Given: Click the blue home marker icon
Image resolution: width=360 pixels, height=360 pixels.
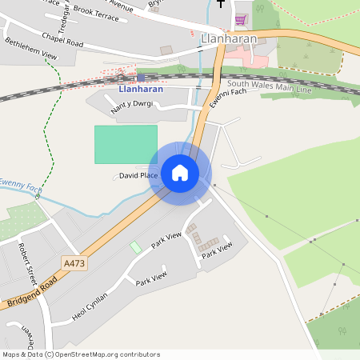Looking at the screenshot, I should (x=180, y=173).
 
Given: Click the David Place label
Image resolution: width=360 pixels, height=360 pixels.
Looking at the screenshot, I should (x=138, y=175).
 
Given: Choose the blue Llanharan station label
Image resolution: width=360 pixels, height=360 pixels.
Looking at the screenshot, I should (x=141, y=89).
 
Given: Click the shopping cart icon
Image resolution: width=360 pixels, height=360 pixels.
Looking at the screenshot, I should (x=240, y=19).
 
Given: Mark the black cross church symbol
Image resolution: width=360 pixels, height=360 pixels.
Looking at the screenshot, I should (x=221, y=3).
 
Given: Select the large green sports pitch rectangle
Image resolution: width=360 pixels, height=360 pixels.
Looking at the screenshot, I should (x=126, y=144).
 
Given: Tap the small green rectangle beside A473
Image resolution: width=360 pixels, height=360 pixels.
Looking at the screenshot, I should (x=135, y=248).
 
